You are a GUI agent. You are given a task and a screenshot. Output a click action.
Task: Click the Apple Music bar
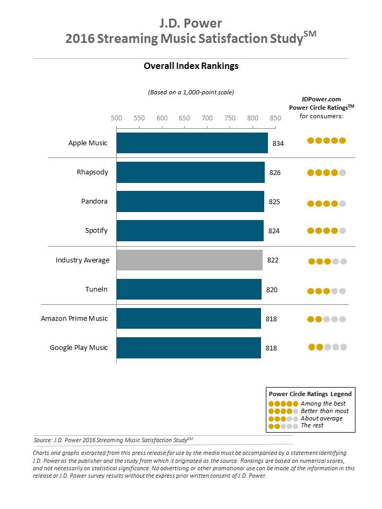(x=192, y=143)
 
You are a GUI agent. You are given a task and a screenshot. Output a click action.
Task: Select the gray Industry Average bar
(x=189, y=260)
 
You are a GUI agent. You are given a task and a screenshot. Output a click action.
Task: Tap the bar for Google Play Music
(x=188, y=348)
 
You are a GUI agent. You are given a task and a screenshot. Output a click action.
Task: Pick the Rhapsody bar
(x=190, y=172)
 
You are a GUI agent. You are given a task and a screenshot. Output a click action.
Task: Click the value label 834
(x=279, y=144)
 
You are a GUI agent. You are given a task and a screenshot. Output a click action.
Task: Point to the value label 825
(x=275, y=202)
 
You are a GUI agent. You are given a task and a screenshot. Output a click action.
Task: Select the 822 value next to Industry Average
(x=273, y=260)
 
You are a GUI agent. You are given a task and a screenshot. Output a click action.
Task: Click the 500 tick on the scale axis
(x=116, y=118)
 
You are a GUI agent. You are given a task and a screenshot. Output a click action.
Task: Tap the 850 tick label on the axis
(x=275, y=118)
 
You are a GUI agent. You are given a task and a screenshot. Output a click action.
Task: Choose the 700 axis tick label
(x=207, y=118)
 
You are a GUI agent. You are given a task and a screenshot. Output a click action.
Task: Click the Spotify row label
(x=97, y=231)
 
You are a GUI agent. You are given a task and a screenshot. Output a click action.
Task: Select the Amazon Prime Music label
(x=74, y=318)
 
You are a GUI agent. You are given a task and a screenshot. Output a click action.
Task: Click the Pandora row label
(x=94, y=201)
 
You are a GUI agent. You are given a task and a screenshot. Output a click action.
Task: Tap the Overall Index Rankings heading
(x=191, y=66)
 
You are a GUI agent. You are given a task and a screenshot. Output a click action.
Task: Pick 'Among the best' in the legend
(x=323, y=403)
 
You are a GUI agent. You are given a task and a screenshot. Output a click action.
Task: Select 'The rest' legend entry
(x=312, y=425)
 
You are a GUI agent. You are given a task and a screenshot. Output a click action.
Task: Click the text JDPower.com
(x=321, y=99)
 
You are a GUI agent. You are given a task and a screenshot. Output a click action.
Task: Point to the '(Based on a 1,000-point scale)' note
(x=191, y=92)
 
